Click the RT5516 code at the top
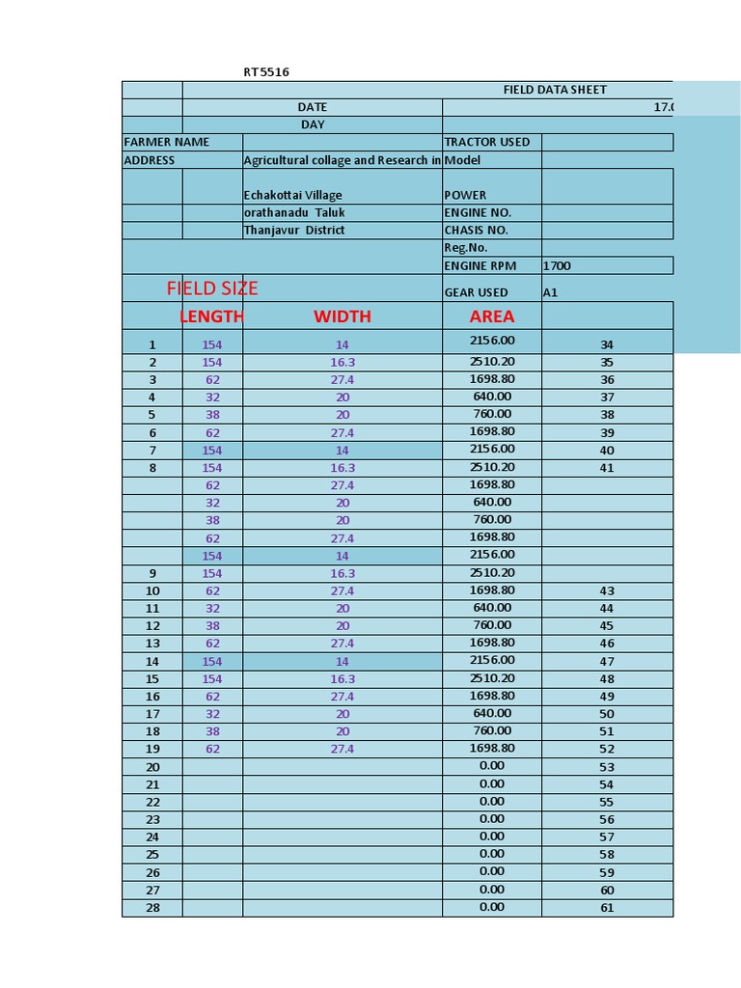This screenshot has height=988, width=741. click(x=265, y=72)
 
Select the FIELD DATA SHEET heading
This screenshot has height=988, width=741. click(x=555, y=90)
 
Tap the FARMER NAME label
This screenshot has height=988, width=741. click(x=166, y=142)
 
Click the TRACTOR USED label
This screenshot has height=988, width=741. click(x=486, y=142)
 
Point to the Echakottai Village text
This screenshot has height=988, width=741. click(x=292, y=195)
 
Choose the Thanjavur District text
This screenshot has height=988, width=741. click(x=293, y=230)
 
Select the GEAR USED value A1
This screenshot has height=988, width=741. click(x=550, y=292)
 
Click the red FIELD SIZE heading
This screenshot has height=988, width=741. click(x=212, y=288)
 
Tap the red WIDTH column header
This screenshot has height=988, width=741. click(x=342, y=316)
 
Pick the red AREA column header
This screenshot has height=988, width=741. click(x=491, y=316)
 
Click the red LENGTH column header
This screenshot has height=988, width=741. click(x=211, y=316)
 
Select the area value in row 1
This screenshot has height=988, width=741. click(x=491, y=341)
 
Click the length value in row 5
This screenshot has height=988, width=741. click(x=212, y=415)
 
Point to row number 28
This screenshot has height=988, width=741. click(x=152, y=907)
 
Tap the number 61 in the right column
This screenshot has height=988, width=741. click(x=607, y=908)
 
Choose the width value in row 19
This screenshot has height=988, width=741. click(x=342, y=749)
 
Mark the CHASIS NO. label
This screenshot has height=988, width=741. click(x=476, y=230)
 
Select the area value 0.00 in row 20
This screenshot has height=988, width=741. click(x=491, y=766)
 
